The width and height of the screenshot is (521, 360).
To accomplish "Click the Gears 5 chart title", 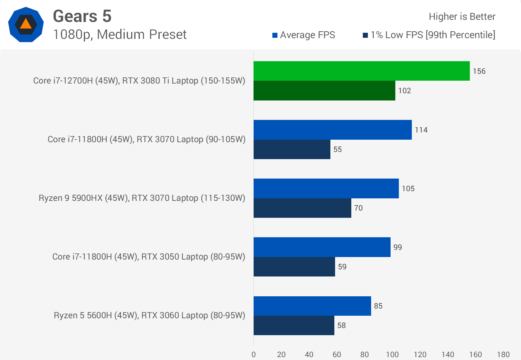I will coord(82,16).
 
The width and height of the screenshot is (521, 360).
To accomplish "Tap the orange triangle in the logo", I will coord(26,24).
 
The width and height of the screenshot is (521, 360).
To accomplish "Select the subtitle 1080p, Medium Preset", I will coord(120,35).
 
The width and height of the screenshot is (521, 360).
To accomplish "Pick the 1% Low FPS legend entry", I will coord(429,35).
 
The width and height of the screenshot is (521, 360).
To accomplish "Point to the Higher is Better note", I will coord(462,17).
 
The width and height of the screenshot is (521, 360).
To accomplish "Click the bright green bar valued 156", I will coord(361,71).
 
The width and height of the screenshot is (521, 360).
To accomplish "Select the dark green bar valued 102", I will coord(324,90).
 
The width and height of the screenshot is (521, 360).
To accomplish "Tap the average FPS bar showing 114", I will coord(333,130).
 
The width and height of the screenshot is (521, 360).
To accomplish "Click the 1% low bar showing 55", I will coord(292,149).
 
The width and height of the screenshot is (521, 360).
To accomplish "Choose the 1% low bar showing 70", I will coord(302,208).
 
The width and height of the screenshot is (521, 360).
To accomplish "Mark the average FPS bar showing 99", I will coord(322,247).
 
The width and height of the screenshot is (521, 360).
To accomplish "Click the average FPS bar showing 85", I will coord(312,306).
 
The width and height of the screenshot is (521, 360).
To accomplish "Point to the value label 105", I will coord(408,189).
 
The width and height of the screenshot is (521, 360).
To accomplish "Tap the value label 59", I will coord(342,267).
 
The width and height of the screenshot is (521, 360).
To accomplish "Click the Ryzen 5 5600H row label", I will coord(150,315).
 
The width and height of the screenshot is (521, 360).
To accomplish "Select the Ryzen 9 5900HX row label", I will coord(142,198).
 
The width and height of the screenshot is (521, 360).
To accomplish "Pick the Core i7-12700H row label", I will coord(139,81).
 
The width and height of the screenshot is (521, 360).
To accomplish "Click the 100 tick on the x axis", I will coord(392,355).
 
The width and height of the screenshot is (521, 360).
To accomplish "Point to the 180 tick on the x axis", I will coord(503,355).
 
